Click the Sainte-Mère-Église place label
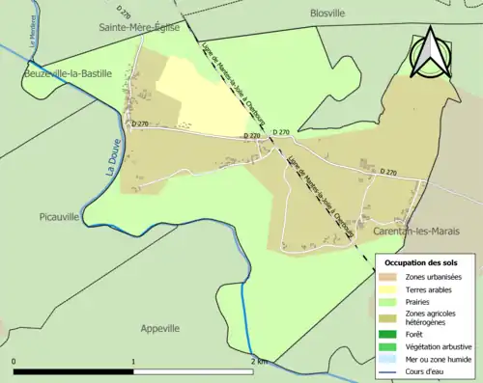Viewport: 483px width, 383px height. pos(141,29)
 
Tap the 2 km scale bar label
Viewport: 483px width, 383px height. pos(258,361)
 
